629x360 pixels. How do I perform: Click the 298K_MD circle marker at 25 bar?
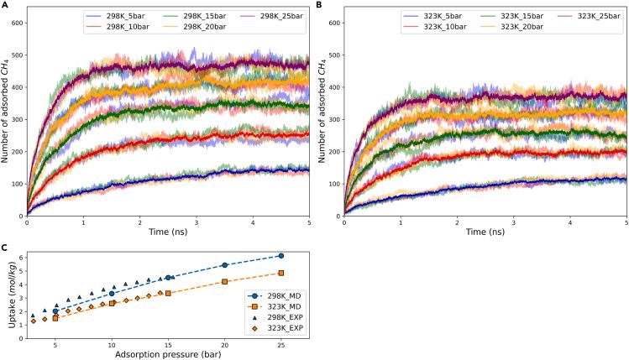pos(281,255)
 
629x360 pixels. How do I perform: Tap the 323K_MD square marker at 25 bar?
pos(281,273)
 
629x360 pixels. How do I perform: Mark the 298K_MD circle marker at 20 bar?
pos(224,265)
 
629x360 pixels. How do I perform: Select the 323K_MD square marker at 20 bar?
pos(224,282)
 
